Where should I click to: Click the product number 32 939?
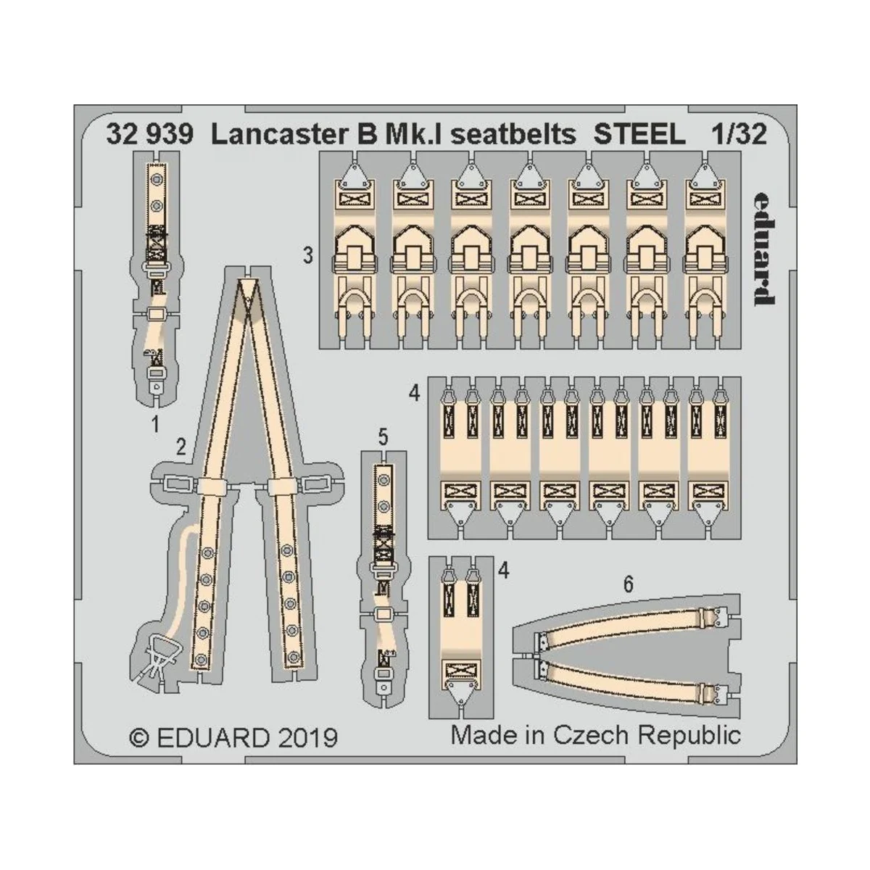[149, 135]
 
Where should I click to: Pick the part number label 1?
[154, 425]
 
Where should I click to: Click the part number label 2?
[181, 447]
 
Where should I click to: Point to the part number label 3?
[308, 256]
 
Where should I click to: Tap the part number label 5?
[383, 437]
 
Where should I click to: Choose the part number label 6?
[629, 584]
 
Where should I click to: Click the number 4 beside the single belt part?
[503, 571]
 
